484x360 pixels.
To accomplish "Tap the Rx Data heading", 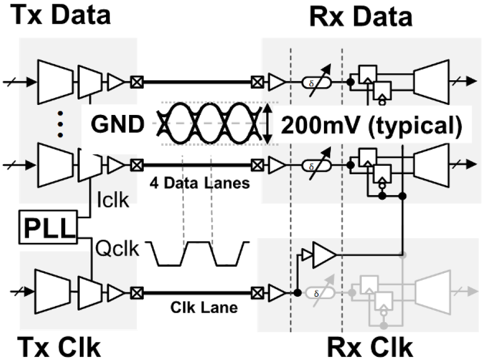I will [x=360, y=16].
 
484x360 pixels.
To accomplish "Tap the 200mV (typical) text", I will [x=371, y=125].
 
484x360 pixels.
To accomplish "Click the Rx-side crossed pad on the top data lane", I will [x=257, y=82].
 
